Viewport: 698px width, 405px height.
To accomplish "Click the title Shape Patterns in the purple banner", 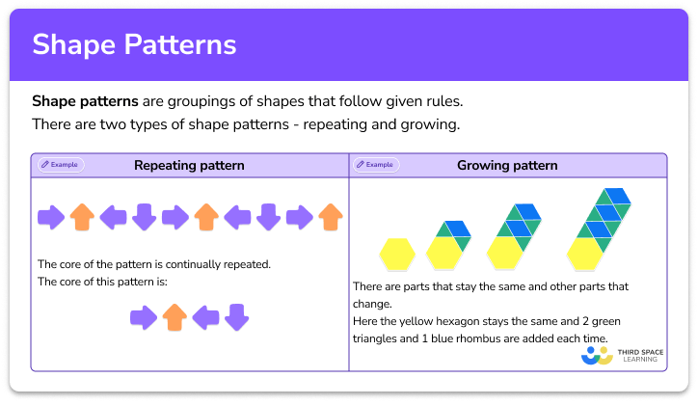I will pos(134,45).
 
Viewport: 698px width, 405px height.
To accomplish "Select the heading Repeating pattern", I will pos(189,165).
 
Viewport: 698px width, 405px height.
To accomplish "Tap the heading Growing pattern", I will pos(507,165).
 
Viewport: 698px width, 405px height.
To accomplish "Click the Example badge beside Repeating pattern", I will pos(61,165).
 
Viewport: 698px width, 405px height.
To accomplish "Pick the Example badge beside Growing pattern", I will pos(377,165).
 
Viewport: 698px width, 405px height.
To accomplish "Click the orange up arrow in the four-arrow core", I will pos(174,317).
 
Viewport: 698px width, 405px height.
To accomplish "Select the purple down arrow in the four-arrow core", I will pos(237,317).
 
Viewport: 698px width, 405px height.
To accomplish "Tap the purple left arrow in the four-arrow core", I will pos(206,317).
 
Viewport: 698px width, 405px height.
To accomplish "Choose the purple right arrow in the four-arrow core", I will pos(144,317).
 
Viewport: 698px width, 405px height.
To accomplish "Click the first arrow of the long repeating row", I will pos(50,217).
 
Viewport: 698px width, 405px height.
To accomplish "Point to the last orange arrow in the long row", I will pos(331,217).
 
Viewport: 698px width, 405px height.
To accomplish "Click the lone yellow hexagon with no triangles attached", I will pos(395,254).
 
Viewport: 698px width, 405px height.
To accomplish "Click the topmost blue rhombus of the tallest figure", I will pos(619,196).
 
